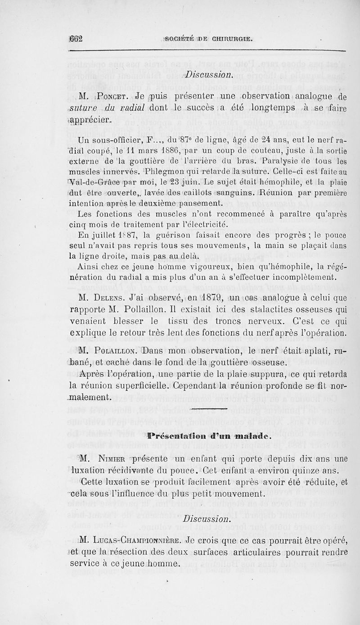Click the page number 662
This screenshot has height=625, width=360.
[78, 39]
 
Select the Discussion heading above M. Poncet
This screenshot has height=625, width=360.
[208, 73]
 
